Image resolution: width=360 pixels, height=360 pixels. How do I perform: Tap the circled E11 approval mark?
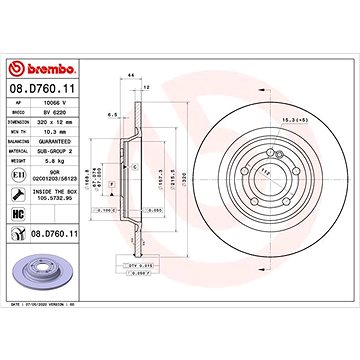click(19, 177)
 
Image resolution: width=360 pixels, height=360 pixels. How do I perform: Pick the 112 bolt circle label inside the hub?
click(238, 170)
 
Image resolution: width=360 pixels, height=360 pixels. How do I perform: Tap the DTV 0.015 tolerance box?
click(132, 265)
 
